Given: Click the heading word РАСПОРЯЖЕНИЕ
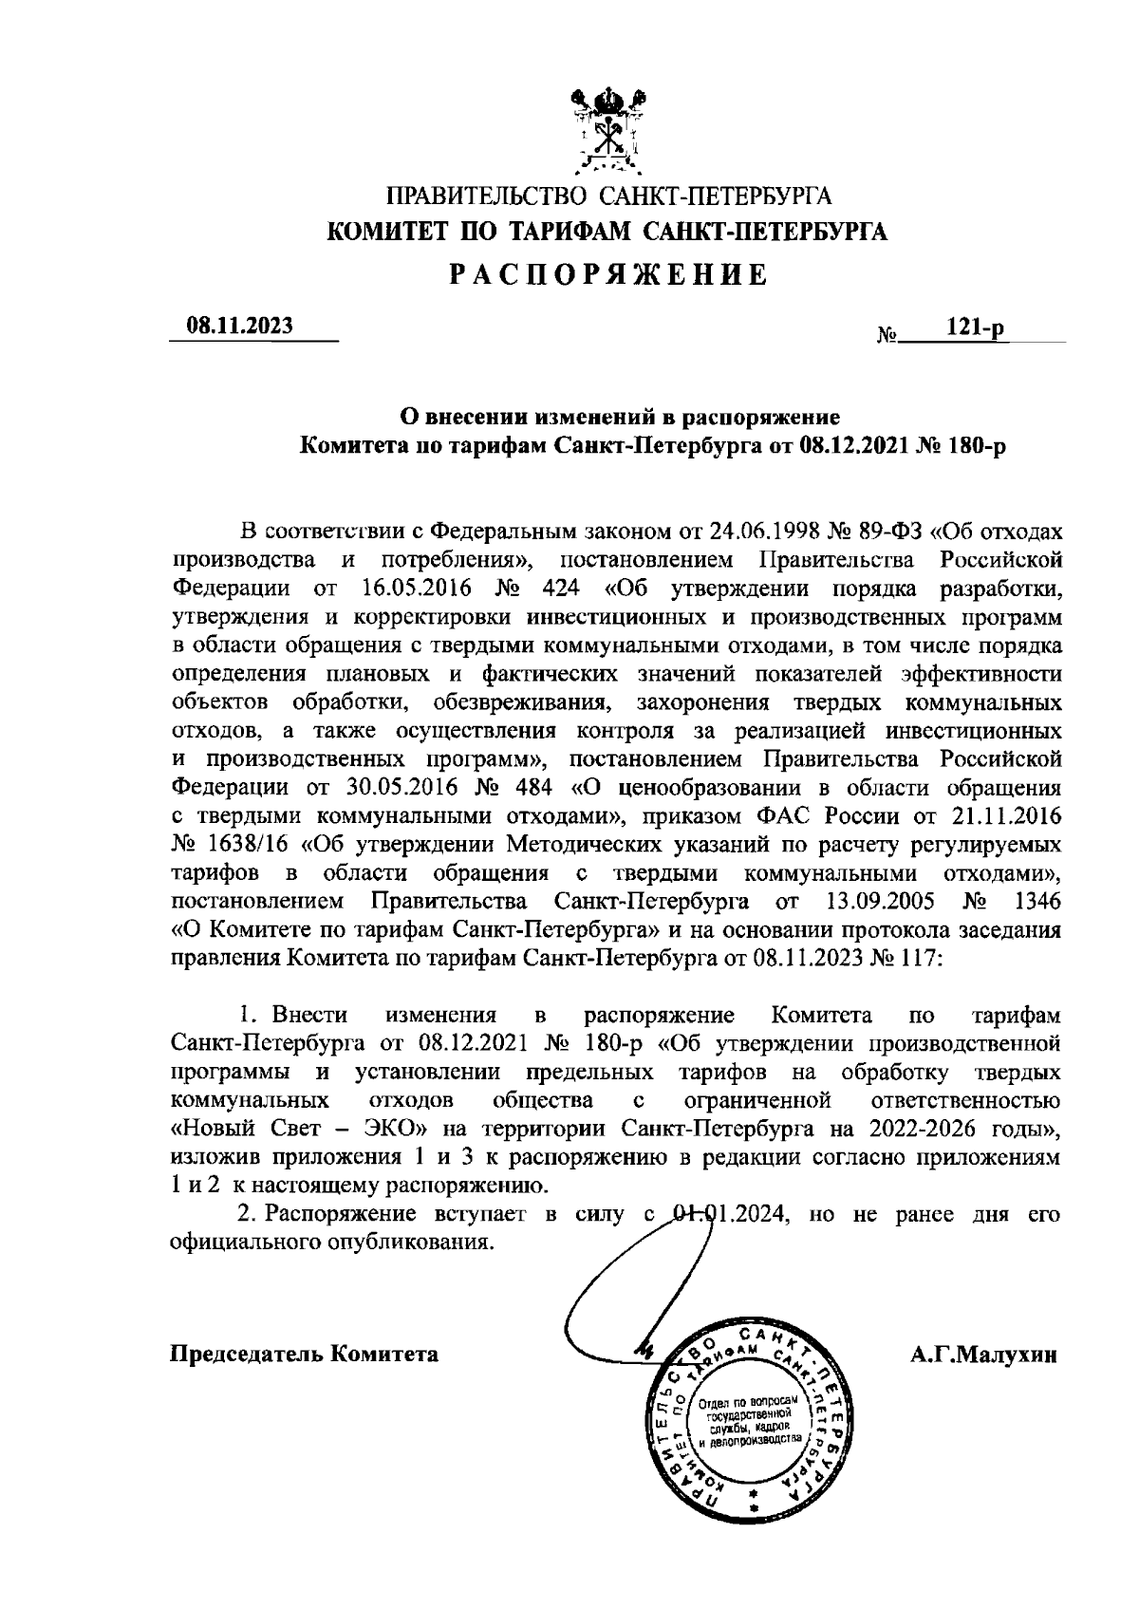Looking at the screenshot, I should tap(607, 276).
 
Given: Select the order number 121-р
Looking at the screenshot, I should tap(977, 327).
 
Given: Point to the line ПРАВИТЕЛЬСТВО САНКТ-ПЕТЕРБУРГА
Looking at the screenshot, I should tap(607, 197).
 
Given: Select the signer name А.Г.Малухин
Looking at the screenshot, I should tap(981, 1354).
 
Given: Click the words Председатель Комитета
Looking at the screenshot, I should tap(304, 1354).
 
